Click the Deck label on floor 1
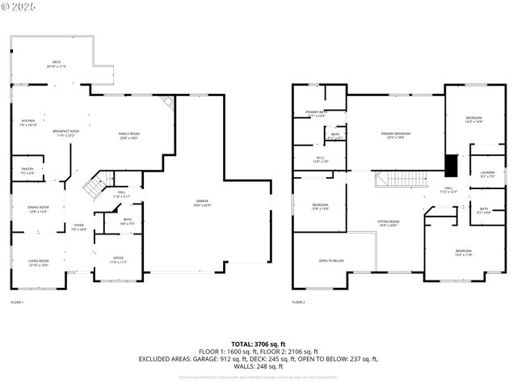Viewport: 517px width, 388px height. click(57, 63)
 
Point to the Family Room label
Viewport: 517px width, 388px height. click(129, 135)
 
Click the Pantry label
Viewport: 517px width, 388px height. click(27, 171)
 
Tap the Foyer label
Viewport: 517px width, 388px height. click(79, 227)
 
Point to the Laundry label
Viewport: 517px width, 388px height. click(487, 174)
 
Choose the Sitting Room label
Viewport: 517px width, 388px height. click(388, 222)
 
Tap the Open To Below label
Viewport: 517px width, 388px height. click(332, 260)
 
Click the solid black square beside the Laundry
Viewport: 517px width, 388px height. click(452, 166)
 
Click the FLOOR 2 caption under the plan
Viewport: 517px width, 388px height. click(299, 302)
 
